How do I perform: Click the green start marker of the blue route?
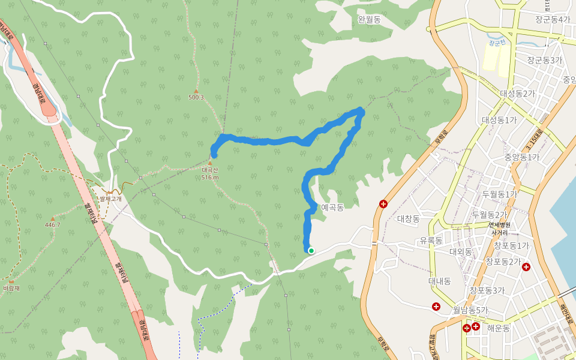point(311,251)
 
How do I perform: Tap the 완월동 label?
point(369,20)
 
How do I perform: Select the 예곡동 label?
point(332,208)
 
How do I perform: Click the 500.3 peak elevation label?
point(196,97)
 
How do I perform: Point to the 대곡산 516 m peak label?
point(210,173)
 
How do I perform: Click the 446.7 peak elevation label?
point(53,225)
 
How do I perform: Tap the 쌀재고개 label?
point(110,199)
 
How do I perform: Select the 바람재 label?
point(11,289)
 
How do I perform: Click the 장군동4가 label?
point(553,19)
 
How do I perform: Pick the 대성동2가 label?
point(517,94)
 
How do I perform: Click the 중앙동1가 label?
point(521,157)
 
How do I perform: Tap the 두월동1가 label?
point(499,194)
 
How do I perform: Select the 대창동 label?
point(409,219)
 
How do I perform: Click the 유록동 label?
point(431,241)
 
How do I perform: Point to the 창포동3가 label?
point(487,290)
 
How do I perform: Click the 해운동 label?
point(499,328)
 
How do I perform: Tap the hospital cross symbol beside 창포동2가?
point(526,267)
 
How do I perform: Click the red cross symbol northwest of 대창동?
point(383,204)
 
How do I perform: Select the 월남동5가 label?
point(470,310)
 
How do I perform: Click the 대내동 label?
point(440,281)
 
